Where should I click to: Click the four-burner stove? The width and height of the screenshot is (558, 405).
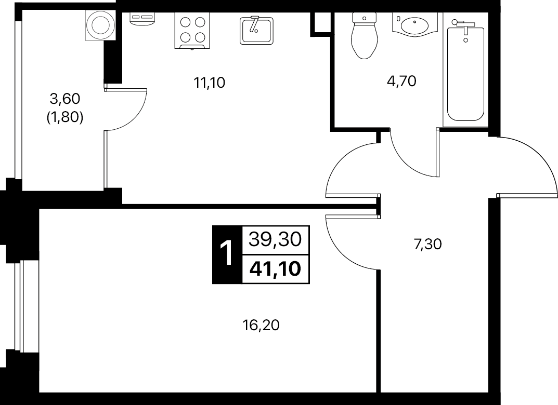(x=192, y=31)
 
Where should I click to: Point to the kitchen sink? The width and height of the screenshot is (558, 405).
(x=256, y=30)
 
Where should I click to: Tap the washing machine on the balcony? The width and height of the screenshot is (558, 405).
(x=100, y=25)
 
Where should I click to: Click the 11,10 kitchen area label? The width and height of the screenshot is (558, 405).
(x=209, y=83)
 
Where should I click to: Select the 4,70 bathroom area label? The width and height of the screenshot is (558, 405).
(x=401, y=82)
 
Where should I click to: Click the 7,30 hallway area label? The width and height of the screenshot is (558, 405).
(x=427, y=244)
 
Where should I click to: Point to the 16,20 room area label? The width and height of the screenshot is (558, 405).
(x=261, y=325)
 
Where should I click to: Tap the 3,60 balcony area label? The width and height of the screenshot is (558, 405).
(x=65, y=99)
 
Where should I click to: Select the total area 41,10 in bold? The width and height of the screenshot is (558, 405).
(x=276, y=269)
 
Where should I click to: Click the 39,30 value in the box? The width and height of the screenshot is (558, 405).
(x=276, y=240)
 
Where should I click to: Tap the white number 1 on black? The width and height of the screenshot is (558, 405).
(x=227, y=253)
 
